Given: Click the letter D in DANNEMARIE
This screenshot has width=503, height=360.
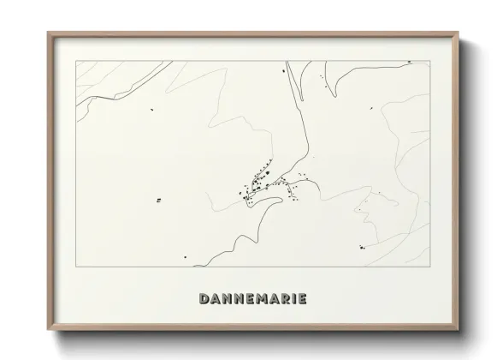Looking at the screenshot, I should click(x=204, y=299).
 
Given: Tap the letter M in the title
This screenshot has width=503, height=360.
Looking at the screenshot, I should click(x=259, y=299).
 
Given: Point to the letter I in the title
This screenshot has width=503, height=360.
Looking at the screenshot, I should click(x=292, y=299).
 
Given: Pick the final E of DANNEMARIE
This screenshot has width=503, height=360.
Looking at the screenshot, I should click(x=301, y=299).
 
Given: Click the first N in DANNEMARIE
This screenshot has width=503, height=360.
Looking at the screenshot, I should click(x=226, y=299).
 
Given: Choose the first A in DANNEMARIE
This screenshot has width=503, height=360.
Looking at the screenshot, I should click(x=215, y=299).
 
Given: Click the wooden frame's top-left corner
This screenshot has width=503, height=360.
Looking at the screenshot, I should click(x=49, y=33).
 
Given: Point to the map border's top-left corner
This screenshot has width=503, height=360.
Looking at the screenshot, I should click(x=76, y=61).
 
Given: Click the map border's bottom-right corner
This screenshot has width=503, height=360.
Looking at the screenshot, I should click(x=429, y=266).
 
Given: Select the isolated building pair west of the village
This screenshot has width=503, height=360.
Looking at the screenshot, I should click(x=158, y=201).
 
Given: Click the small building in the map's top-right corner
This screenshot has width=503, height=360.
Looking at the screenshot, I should click(x=409, y=62).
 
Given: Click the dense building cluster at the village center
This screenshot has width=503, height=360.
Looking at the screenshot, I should click(x=257, y=182).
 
